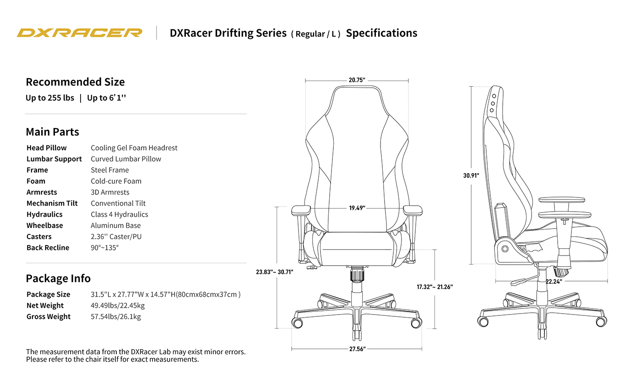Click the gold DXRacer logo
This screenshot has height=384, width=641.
pyautogui.click(x=80, y=33)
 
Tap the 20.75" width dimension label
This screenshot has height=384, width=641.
pyautogui.click(x=357, y=80)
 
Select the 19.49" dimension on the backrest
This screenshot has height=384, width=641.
pyautogui.click(x=357, y=208)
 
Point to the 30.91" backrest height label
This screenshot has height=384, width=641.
pyautogui.click(x=471, y=175)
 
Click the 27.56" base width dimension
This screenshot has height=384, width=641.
pyautogui.click(x=357, y=349)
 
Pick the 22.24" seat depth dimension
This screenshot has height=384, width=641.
pyautogui.click(x=554, y=282)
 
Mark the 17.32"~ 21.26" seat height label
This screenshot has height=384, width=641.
pyautogui.click(x=435, y=287)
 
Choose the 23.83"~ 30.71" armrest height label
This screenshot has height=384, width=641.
pyautogui.click(x=274, y=272)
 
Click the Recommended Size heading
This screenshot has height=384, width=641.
pyautogui.click(x=75, y=82)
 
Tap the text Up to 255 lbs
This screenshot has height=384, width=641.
pyautogui.click(x=50, y=98)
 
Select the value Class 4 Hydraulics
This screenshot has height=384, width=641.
pyautogui.click(x=120, y=214)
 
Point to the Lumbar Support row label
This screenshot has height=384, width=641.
pyautogui.click(x=54, y=159)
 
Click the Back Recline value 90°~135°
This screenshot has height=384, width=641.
pyautogui.click(x=105, y=248)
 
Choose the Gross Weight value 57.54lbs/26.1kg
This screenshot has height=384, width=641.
pyautogui.click(x=116, y=317)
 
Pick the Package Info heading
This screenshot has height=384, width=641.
pyautogui.click(x=58, y=278)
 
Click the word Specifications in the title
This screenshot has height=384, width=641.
pyautogui.click(x=381, y=33)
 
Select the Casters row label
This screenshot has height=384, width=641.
pyautogui.click(x=39, y=237)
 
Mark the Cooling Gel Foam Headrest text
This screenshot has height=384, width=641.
pyautogui.click(x=134, y=148)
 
